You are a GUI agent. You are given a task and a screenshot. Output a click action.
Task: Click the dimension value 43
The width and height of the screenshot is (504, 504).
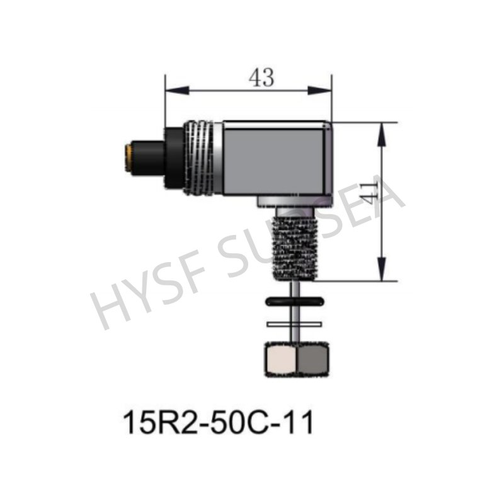pos(261,78)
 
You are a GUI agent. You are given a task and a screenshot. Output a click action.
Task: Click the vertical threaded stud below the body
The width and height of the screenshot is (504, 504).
pos(295,246)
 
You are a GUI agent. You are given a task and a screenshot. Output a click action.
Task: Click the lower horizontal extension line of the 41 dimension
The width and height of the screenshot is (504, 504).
pos(365,280)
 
